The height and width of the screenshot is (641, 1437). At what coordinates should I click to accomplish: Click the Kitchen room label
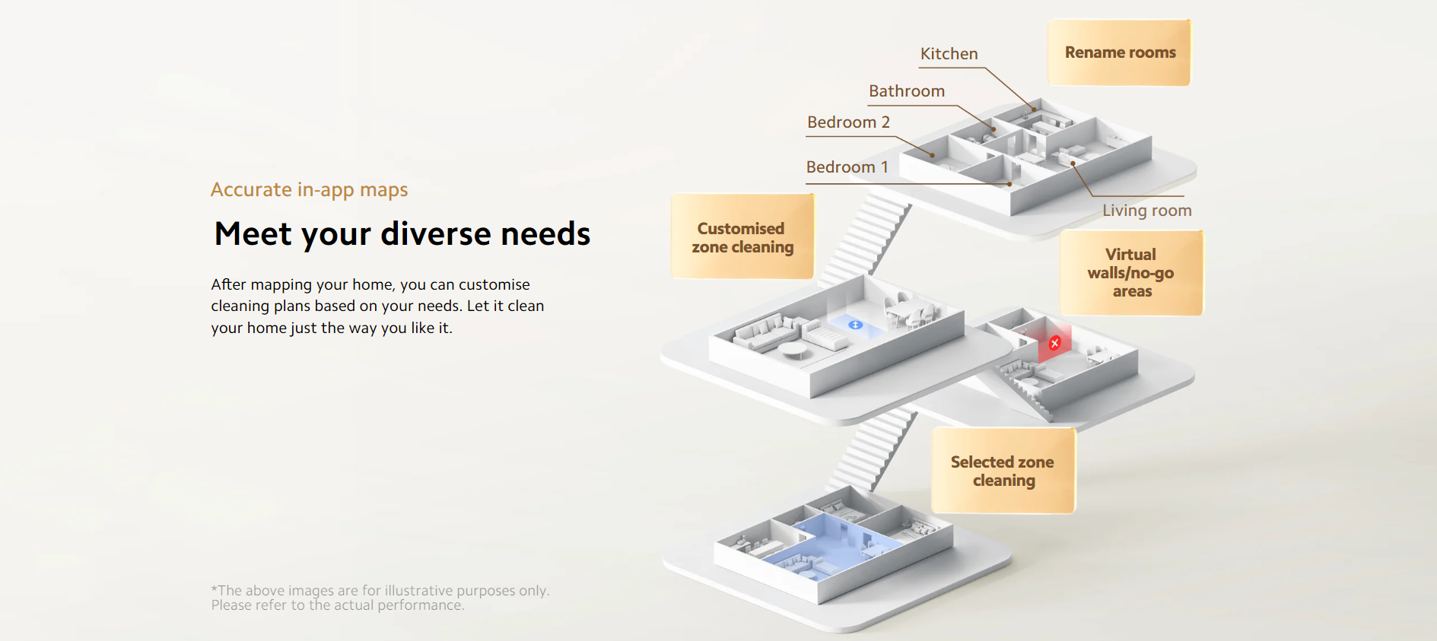949,54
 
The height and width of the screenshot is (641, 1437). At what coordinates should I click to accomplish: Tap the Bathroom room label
907,91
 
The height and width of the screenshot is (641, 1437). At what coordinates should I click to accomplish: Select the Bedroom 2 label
848,122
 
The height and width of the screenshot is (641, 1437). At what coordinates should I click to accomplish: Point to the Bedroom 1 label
847,167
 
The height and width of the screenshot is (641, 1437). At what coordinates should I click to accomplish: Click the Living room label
1147,211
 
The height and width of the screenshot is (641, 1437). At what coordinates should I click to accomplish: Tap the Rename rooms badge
1119,52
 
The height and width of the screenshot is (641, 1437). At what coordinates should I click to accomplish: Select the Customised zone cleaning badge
742,237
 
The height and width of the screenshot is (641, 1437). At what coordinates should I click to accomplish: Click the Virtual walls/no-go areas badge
1131,272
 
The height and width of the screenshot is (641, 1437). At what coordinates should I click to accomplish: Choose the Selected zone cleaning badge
1003,471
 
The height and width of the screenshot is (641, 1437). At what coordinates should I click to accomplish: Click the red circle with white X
1055,343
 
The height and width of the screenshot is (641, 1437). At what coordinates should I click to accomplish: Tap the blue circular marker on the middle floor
856,325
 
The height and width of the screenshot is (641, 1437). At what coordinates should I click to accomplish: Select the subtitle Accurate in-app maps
309,190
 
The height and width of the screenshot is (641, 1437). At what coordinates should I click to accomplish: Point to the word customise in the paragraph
494,284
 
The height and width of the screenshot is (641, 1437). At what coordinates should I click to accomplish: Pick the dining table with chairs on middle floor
912,310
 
